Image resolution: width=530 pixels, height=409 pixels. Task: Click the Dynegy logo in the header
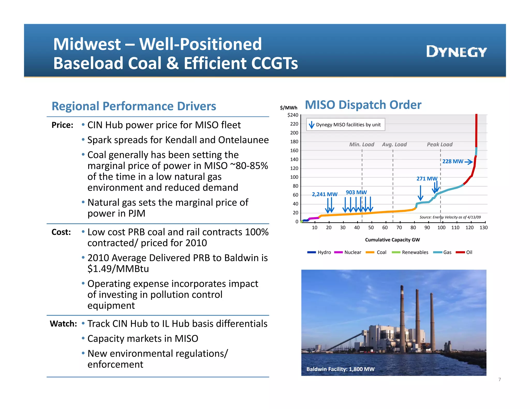[x=456, y=52]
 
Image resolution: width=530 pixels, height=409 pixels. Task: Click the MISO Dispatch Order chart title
[x=363, y=105]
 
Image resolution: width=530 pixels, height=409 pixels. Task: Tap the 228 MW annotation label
[x=453, y=162]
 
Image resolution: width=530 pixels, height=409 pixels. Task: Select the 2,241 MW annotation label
[x=325, y=194]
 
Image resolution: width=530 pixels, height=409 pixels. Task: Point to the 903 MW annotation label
[x=356, y=192]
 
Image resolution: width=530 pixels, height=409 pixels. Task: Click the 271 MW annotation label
[x=427, y=179]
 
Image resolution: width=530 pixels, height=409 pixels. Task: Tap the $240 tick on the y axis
[x=293, y=115]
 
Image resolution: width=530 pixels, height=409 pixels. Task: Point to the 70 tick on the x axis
[x=399, y=228]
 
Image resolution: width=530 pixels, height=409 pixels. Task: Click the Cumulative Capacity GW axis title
[x=392, y=240]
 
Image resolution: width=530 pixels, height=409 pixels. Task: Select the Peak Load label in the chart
[x=439, y=145]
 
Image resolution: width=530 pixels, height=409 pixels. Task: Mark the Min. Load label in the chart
[x=362, y=145]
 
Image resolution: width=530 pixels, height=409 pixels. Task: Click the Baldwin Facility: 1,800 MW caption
[x=340, y=369]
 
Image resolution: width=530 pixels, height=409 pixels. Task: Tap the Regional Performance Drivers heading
[x=134, y=106]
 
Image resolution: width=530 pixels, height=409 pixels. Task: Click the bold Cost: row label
[x=61, y=232]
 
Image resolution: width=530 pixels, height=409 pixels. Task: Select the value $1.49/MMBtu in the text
[x=118, y=269]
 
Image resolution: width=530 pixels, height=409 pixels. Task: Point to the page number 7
[x=499, y=380]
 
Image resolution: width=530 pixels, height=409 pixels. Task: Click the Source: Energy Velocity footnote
[x=450, y=217]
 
